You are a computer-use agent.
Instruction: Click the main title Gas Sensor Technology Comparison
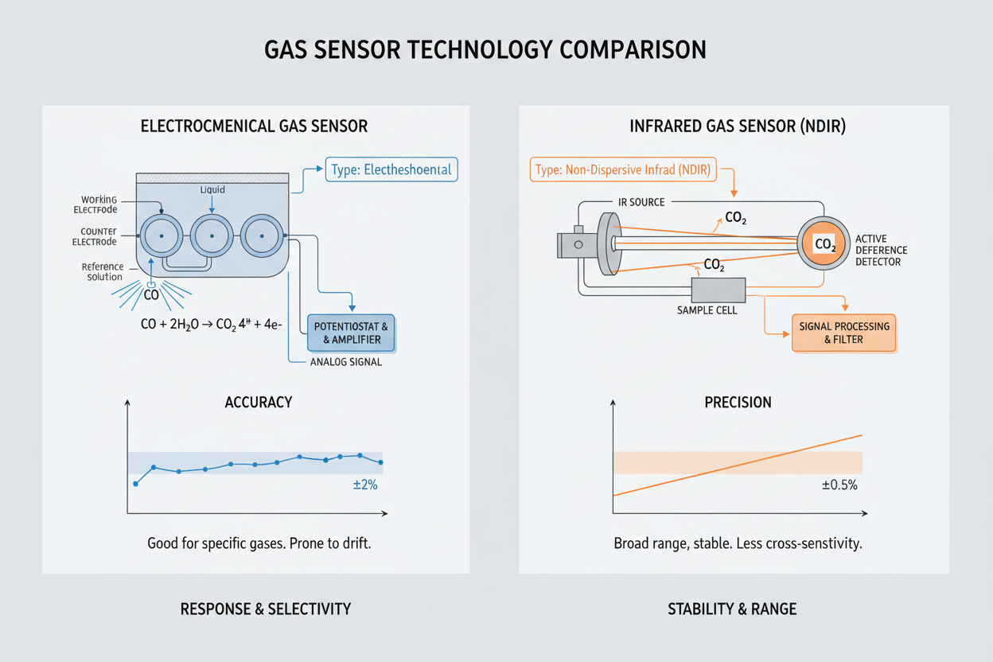485,49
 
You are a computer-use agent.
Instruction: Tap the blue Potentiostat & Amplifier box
351,333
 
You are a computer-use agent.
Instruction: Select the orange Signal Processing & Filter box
844,333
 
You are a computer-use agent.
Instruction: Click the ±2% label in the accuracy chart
365,485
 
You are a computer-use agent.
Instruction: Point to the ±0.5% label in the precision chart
839,485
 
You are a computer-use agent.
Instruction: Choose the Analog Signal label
345,362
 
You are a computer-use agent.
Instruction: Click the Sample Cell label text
706,310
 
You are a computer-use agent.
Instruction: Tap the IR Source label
641,202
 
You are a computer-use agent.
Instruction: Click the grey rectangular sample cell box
718,290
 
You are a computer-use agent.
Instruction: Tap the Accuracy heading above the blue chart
259,403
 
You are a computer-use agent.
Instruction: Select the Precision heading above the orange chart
738,403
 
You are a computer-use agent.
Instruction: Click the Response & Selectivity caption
265,609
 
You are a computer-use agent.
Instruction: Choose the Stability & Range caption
732,609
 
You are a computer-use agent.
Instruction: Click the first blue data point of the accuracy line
135,484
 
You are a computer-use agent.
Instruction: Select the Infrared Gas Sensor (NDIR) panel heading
734,126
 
